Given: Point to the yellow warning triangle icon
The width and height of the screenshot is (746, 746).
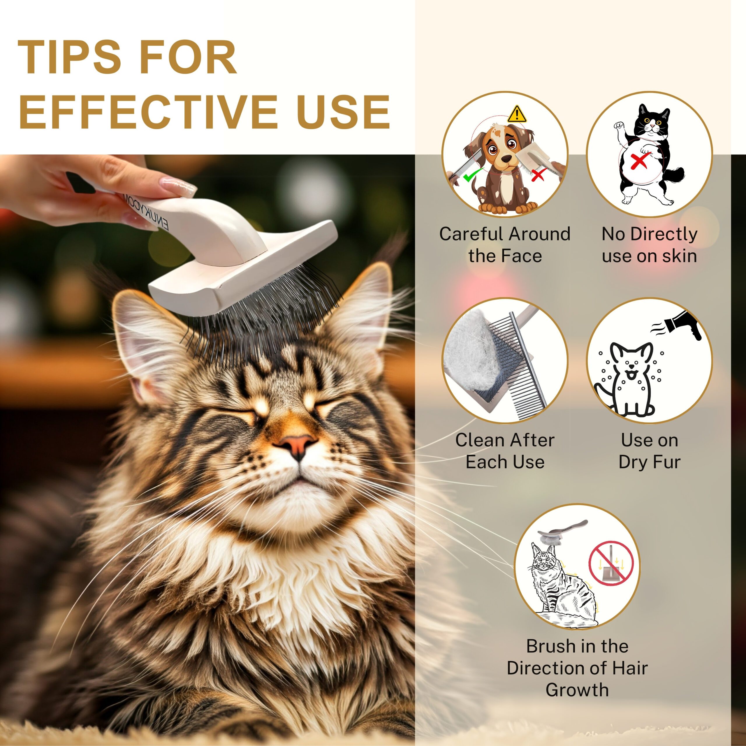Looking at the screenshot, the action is point(516,114).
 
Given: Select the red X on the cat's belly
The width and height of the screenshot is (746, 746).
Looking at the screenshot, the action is point(639,160).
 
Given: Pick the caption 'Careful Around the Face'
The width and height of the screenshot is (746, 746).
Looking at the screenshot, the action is point(505,244).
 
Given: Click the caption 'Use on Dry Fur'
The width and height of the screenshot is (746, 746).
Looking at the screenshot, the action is point(650,451).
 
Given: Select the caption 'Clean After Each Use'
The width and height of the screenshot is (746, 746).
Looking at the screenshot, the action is point(505,451).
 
